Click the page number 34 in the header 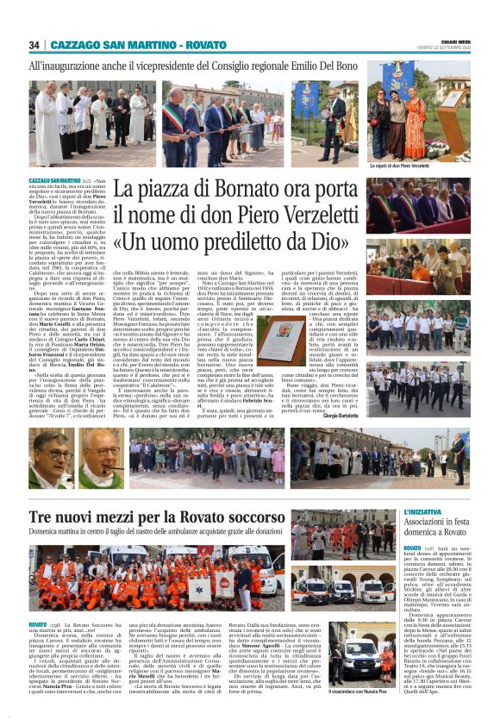pos(34,45)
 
